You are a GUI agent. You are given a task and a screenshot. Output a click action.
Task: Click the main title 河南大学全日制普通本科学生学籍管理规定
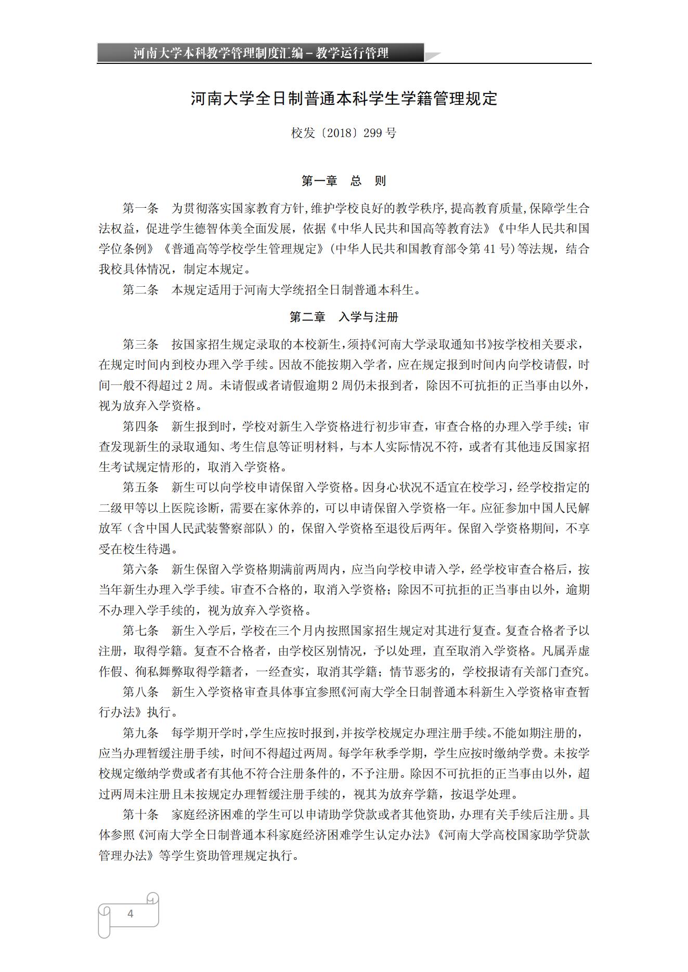344,99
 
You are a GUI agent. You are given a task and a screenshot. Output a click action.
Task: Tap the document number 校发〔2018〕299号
344,133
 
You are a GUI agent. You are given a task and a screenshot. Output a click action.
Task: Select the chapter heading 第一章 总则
344,181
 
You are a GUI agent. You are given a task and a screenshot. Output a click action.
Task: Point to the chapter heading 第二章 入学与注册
344,317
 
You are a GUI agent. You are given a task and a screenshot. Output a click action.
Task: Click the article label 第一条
140,209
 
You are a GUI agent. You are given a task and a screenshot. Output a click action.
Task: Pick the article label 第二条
140,290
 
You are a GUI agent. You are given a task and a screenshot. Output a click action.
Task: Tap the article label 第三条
140,344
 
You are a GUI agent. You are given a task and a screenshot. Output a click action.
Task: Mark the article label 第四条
140,427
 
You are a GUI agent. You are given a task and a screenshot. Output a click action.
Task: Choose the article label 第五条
140,487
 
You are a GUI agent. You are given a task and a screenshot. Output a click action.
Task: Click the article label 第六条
140,569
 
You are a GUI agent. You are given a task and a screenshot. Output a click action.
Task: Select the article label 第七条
140,631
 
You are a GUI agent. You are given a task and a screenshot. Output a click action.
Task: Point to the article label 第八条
140,692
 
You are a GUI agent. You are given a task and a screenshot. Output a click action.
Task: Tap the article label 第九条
140,733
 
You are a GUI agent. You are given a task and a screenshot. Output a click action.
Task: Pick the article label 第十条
140,815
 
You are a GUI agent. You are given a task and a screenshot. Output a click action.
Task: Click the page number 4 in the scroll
130,914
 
